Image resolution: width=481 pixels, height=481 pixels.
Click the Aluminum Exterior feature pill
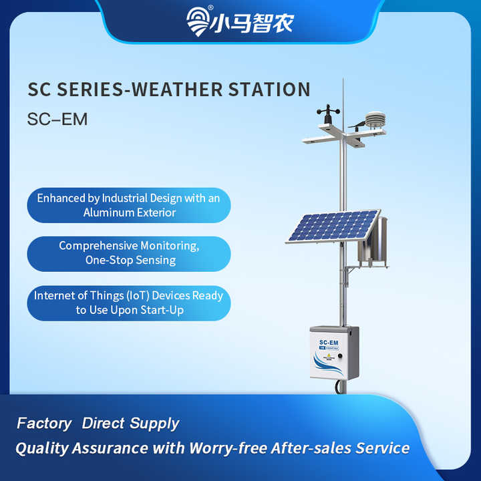pyautogui.click(x=128, y=205)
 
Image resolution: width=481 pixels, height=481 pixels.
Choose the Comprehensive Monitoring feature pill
pyautogui.click(x=128, y=253)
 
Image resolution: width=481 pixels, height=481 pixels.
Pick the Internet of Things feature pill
pyautogui.click(x=128, y=302)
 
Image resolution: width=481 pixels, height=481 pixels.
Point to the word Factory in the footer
pyautogui.click(x=44, y=423)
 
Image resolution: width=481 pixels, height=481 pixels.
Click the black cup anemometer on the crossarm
pyautogui.click(x=329, y=114)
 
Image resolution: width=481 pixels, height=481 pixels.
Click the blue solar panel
pyautogui.click(x=333, y=226)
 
